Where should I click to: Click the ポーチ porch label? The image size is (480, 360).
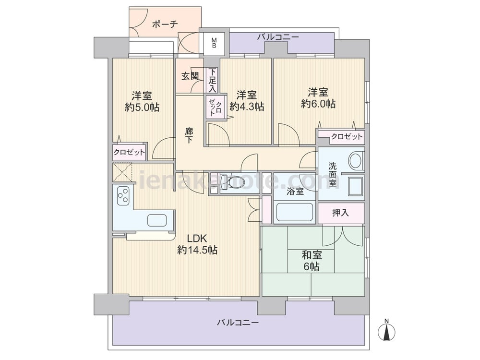165,24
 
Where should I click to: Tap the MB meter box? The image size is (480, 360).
214,43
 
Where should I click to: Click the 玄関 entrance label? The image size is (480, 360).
190,76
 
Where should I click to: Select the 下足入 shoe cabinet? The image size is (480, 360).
213,80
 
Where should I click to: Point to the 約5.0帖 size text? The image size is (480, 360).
142,107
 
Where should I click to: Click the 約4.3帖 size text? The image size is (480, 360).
247,106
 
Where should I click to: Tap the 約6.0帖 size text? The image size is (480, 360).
318,104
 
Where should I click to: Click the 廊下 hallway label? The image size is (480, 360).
189,136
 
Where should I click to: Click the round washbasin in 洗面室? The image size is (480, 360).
355,160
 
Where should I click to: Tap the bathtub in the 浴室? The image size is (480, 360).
295,212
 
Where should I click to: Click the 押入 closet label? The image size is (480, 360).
340,213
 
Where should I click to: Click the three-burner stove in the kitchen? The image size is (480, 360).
123,195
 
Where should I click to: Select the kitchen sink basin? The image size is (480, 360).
157,220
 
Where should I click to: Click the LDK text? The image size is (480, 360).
197,238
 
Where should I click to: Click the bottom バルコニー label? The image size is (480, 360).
238,323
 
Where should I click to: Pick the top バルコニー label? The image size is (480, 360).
277,37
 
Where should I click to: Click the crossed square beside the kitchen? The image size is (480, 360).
122,172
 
